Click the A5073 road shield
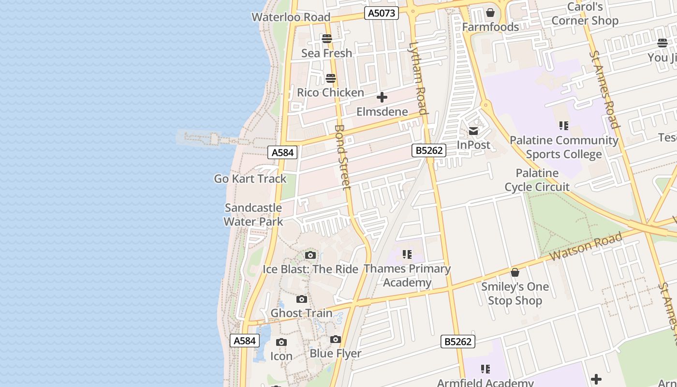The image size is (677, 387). (x=382, y=13)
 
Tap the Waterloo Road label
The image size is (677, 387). (x=291, y=17)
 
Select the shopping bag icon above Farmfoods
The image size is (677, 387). (x=490, y=13)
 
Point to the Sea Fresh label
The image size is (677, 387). (x=326, y=53)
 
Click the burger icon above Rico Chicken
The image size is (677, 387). (x=331, y=78)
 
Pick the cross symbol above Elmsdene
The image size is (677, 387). (x=382, y=98)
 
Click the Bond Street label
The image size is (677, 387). (x=342, y=157)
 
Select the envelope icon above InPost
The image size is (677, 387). (x=473, y=131)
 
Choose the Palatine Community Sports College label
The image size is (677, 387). (x=564, y=147)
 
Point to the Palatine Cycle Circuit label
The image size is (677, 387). (x=537, y=180)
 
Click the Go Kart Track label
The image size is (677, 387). (x=250, y=179)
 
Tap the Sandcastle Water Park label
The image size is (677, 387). (x=253, y=215)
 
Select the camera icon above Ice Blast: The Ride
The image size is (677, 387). (x=310, y=255)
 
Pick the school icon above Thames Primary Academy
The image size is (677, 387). (x=407, y=254)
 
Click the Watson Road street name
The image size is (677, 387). (x=587, y=247)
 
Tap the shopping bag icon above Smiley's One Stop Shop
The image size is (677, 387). (x=515, y=272)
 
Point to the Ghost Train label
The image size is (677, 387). (x=301, y=313)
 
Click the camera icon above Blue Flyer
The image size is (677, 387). (x=336, y=340)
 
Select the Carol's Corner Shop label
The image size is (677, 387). (x=585, y=14)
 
